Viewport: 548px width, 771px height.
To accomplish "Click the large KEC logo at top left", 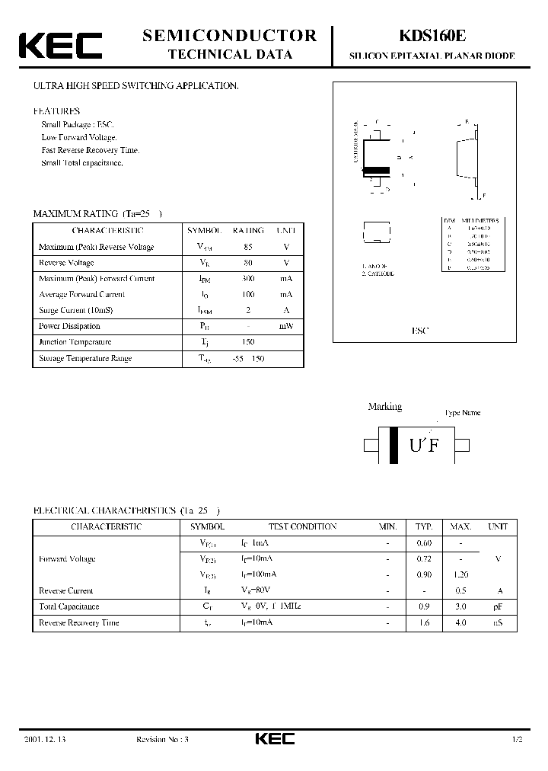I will pyautogui.click(x=60, y=45).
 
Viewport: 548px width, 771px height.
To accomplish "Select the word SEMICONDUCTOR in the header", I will pyautogui.click(x=230, y=35).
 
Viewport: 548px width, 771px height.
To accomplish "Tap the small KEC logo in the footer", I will pyautogui.click(x=273, y=739).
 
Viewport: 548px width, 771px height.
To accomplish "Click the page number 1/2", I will pyautogui.click(x=518, y=740).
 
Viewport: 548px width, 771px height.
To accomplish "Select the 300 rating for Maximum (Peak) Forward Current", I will pyautogui.click(x=248, y=279).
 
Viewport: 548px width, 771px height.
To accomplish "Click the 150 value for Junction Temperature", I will pyautogui.click(x=248, y=342).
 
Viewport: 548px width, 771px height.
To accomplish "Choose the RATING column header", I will pyautogui.click(x=248, y=230).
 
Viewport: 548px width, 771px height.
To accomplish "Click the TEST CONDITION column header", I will pyautogui.click(x=302, y=526).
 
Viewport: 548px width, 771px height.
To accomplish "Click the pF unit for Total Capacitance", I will pyautogui.click(x=499, y=606).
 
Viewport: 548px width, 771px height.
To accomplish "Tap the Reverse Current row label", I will pyautogui.click(x=66, y=590).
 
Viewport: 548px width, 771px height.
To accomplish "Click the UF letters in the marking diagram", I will pyautogui.click(x=425, y=446).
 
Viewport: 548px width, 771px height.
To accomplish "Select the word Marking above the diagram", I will pyautogui.click(x=385, y=407).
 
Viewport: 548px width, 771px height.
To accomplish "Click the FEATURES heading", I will pyautogui.click(x=56, y=111).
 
